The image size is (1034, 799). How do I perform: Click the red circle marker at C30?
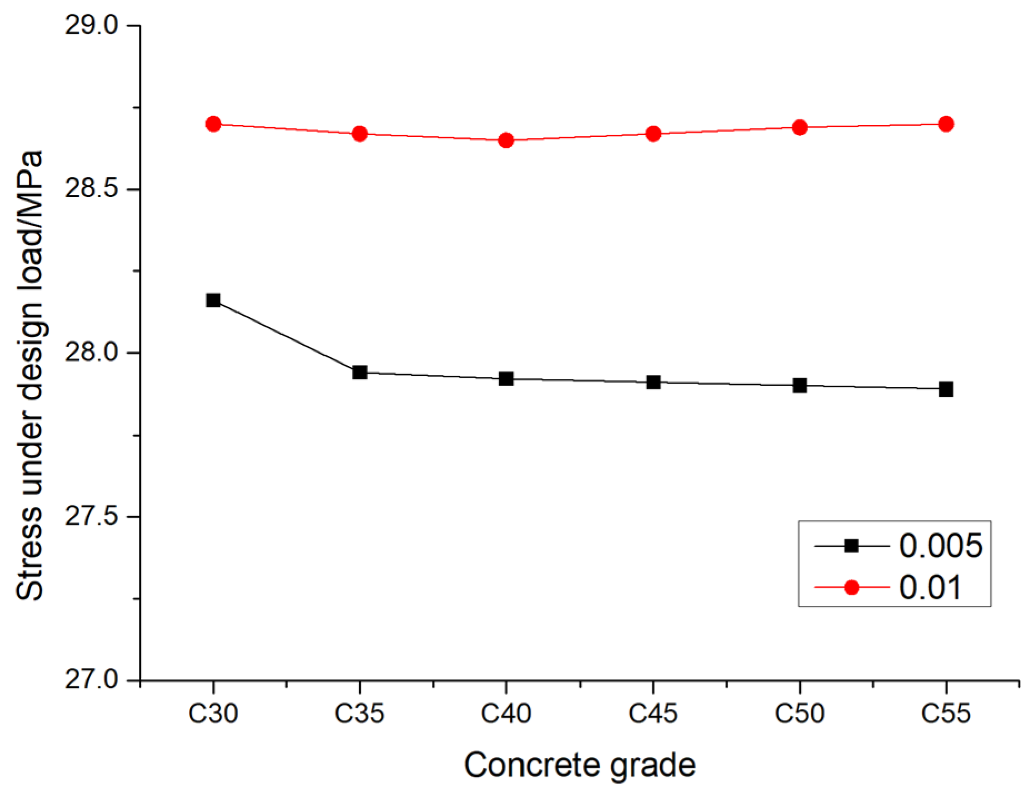213,124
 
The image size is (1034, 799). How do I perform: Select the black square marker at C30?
213,300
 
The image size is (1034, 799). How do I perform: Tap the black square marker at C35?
360,372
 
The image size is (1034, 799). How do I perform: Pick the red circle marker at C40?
506,140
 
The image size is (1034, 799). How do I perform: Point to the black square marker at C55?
946,389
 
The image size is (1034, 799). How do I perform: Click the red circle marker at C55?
946,124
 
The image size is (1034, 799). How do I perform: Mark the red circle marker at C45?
654,134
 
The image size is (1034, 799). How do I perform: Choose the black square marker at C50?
800,385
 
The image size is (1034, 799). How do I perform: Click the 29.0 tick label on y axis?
92,26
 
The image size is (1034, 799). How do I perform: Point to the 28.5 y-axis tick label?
92,189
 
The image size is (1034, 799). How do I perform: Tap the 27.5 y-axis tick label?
92,516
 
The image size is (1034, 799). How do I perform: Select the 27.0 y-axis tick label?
92,680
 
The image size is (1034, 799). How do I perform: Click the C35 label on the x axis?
359,713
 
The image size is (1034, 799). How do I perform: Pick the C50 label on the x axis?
800,713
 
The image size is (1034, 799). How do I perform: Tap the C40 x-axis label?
506,713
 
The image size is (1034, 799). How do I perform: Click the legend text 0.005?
941,546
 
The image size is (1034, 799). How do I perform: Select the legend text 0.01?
930,587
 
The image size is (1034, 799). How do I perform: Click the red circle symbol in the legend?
851,587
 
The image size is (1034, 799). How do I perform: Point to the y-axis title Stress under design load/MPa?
29,375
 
